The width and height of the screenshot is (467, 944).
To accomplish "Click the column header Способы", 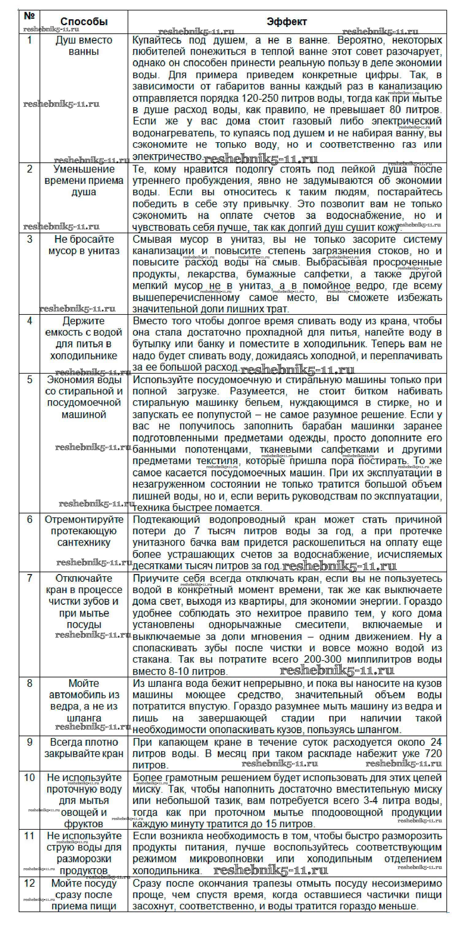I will [84, 22].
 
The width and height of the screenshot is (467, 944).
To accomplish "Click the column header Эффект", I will [287, 22].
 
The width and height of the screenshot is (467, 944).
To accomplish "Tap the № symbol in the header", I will [29, 17].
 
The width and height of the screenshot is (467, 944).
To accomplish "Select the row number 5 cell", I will [29, 380].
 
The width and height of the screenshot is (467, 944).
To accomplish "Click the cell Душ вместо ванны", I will [84, 46].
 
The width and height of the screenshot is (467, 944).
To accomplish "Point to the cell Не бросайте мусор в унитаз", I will [84, 245].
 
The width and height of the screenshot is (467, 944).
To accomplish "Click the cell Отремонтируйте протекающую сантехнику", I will [84, 531].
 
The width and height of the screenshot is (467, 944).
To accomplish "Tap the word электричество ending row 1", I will [167, 157].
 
